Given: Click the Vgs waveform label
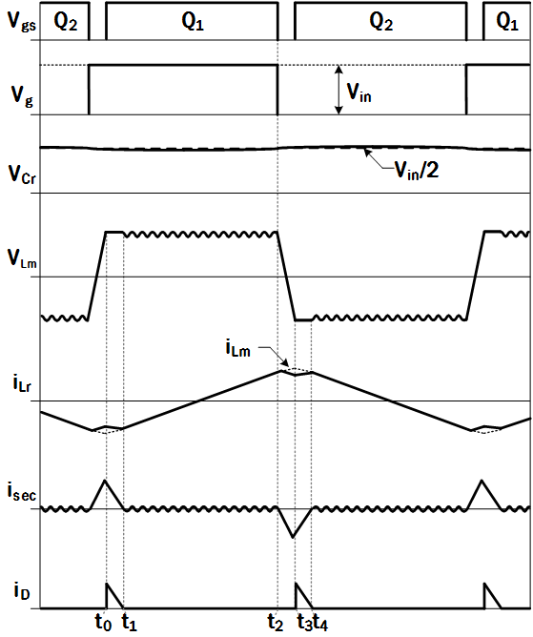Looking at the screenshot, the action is click(x=22, y=22).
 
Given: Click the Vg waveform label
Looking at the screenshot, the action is click(x=22, y=96).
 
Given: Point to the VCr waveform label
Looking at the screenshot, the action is click(x=22, y=175).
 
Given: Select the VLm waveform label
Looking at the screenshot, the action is click(x=22, y=258).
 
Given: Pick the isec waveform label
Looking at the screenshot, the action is click(x=22, y=491).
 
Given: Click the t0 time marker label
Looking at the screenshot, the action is click(x=103, y=622).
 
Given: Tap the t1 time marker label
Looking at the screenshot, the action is click(x=130, y=622).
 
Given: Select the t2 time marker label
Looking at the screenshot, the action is click(x=276, y=622).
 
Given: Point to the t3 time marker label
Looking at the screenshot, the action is click(x=304, y=622).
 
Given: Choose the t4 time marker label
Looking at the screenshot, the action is click(x=320, y=622).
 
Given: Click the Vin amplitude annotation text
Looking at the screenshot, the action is click(x=359, y=92).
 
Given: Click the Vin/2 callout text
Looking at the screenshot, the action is click(x=417, y=171).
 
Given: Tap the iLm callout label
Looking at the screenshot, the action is click(x=238, y=348).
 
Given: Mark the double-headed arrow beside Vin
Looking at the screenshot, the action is click(x=338, y=90).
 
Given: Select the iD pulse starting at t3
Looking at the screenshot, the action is click(x=301, y=596).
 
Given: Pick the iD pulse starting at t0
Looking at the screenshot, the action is click(x=113, y=596).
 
